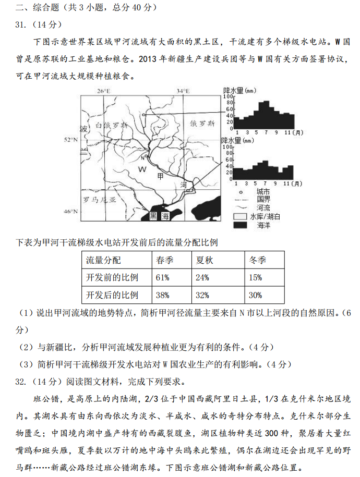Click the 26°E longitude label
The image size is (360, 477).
[x=104, y=91]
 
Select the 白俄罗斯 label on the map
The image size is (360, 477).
[x=112, y=126]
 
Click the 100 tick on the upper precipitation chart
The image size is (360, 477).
[x=227, y=97]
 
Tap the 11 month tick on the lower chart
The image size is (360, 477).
[x=286, y=184]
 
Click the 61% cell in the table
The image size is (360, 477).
[x=163, y=277]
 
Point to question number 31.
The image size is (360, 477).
[x=21, y=25]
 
